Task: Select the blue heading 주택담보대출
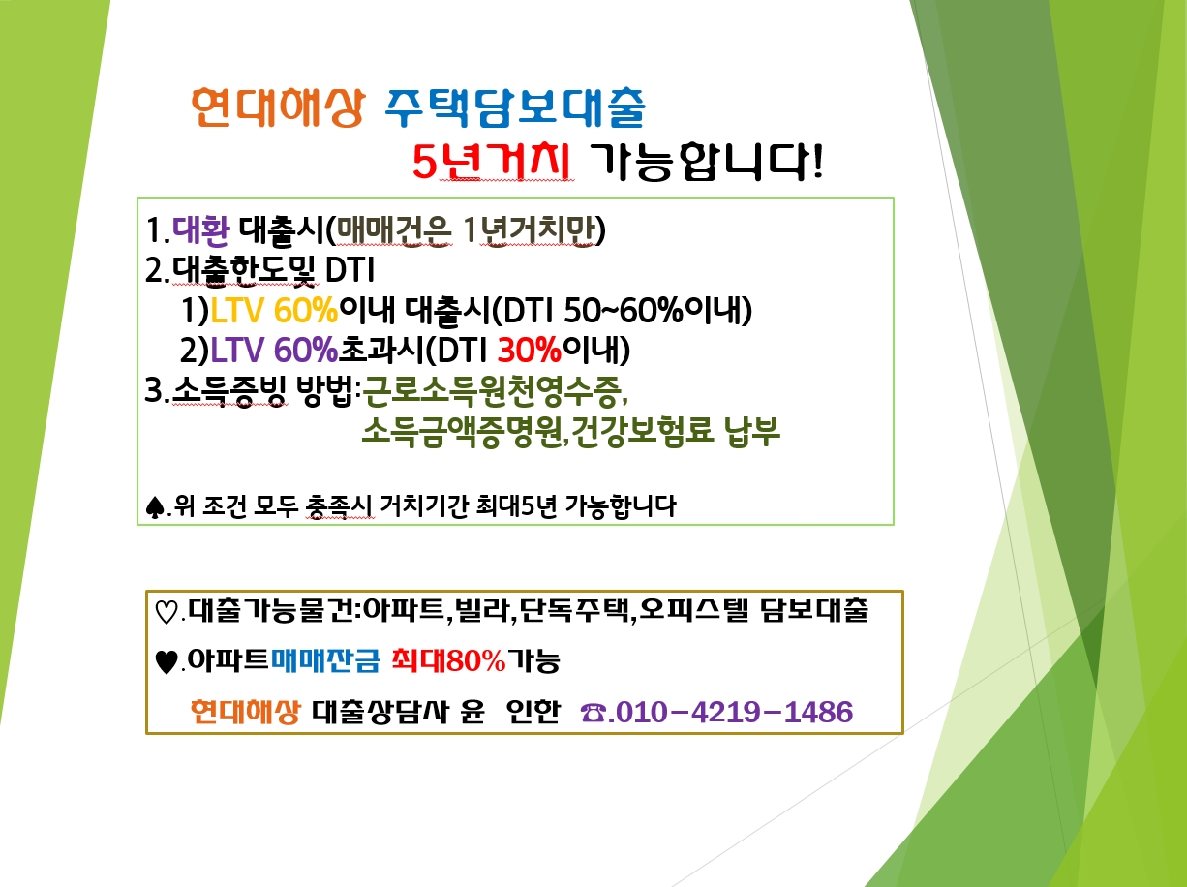click(515, 108)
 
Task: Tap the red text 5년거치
click(491, 162)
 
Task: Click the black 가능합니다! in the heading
click(706, 162)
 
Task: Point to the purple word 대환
click(201, 230)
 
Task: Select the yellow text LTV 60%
click(274, 311)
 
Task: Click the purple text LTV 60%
click(274, 350)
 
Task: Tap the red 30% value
click(530, 350)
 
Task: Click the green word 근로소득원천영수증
click(492, 390)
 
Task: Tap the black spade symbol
click(155, 507)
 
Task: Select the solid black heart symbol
click(166, 662)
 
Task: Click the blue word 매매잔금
click(325, 660)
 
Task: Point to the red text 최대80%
click(448, 660)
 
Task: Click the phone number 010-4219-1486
click(734, 712)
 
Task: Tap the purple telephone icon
click(593, 714)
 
